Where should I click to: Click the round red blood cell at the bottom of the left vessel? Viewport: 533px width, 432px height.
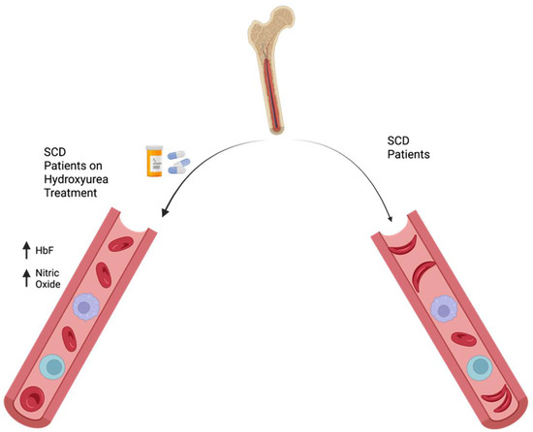tap(31, 398)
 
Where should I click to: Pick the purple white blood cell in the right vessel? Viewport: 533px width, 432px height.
tap(443, 309)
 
